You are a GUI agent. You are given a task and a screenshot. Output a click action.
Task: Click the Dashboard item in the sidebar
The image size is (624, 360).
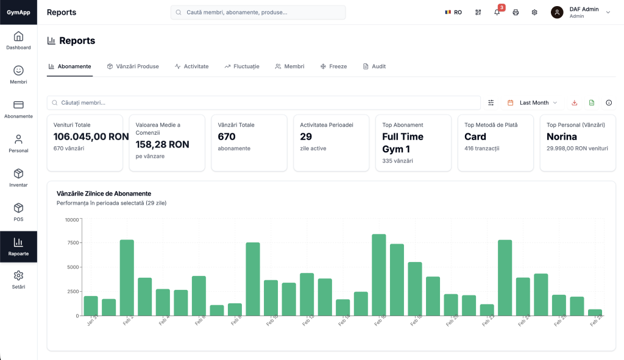point(18,41)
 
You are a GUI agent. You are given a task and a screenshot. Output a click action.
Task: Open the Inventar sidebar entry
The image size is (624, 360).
point(18,178)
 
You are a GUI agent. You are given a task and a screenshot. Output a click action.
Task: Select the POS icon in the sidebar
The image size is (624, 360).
point(18,212)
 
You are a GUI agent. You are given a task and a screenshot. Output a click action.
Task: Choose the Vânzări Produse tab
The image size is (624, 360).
point(133,66)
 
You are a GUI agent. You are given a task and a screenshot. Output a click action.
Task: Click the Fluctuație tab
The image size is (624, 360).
point(242,66)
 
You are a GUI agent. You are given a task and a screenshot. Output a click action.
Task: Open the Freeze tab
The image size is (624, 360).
point(333,66)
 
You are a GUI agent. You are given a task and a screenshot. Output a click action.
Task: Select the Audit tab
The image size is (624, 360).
point(374,66)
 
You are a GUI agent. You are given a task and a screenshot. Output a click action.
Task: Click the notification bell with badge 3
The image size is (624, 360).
point(497,12)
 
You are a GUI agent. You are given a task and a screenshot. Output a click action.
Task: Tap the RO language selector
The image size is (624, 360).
point(453,12)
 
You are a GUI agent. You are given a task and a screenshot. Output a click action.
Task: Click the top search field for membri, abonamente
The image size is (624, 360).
point(258,12)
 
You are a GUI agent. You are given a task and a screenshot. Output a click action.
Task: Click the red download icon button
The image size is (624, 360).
point(574,103)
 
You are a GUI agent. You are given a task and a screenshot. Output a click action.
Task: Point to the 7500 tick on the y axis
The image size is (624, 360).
point(72,243)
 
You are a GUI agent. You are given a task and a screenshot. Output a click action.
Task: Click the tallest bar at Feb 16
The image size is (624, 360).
point(378,275)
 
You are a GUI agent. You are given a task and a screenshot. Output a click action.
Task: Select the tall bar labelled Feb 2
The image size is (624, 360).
point(127,277)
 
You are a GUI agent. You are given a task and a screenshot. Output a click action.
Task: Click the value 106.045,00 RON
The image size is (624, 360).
point(91,137)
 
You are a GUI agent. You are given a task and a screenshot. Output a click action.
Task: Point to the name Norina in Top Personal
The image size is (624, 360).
point(561,137)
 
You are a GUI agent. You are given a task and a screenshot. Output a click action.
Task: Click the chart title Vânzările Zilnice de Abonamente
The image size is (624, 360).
point(104,193)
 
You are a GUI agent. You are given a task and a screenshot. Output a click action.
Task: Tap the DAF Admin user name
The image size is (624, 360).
point(584,9)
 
